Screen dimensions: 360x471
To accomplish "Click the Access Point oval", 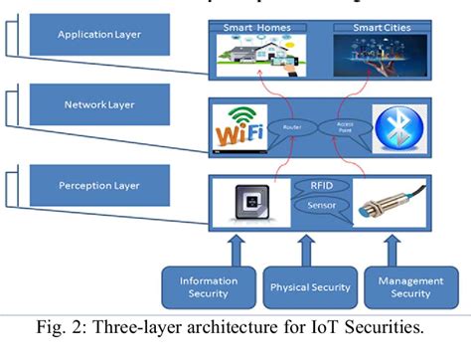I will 353,128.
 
